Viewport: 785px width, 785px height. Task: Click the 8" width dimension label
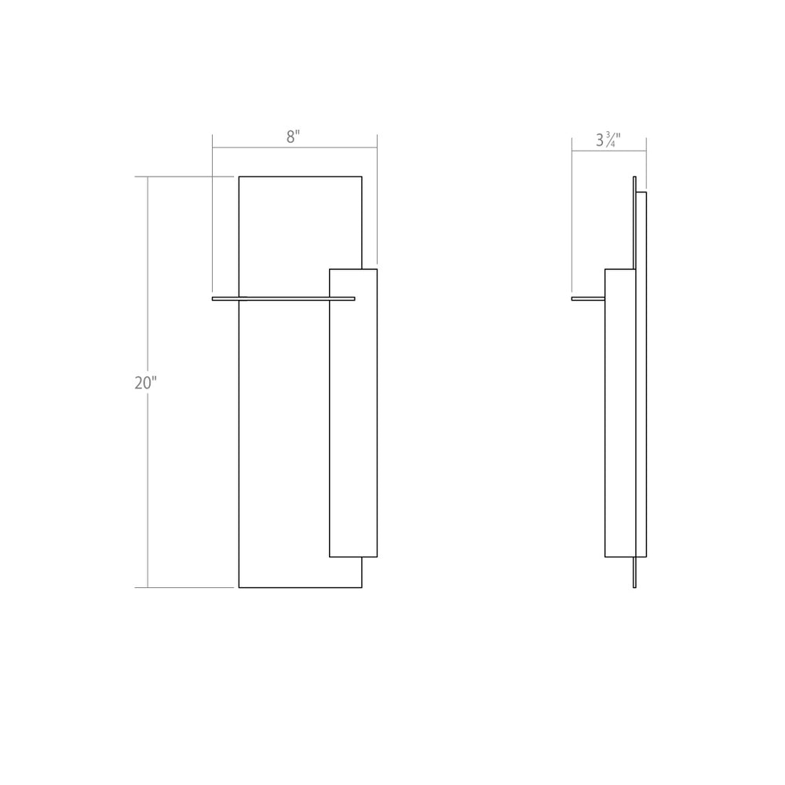pyautogui.click(x=293, y=137)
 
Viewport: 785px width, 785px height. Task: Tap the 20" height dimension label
pyautogui.click(x=145, y=383)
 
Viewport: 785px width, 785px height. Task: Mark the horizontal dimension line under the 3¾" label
pyautogui.click(x=608, y=151)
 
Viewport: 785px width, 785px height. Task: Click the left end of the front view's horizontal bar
pyautogui.click(x=214, y=298)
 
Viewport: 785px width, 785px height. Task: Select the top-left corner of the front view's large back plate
pyautogui.click(x=239, y=177)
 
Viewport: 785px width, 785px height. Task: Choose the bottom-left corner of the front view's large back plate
pyautogui.click(x=239, y=586)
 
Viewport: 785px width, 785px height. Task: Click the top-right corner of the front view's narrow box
pyautogui.click(x=377, y=270)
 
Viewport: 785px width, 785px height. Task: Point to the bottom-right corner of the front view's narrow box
pyautogui.click(x=377, y=557)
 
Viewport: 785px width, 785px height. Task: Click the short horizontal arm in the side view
pyautogui.click(x=587, y=298)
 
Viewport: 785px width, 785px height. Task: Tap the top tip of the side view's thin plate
pyautogui.click(x=634, y=177)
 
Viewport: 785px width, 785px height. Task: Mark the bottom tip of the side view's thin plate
pyautogui.click(x=634, y=586)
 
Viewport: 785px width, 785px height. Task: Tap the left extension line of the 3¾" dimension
pyautogui.click(x=571, y=220)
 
